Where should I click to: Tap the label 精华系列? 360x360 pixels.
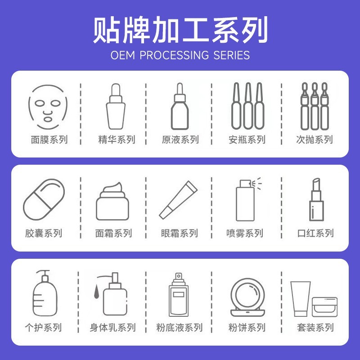coord(117,139)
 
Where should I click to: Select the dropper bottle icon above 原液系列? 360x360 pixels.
coord(180,107)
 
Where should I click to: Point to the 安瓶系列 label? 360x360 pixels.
coord(247,139)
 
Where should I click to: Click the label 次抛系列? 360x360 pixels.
coord(315,139)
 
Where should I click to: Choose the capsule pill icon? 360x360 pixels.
coord(44,200)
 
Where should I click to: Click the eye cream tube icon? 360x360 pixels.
coord(179,200)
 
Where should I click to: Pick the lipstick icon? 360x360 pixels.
coord(316,200)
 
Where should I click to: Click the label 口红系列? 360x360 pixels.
coord(315,233)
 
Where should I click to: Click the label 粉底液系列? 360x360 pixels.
coord(180,327)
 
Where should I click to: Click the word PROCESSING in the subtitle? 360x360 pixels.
coord(172,55)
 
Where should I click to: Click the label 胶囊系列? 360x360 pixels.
coord(44,233)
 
